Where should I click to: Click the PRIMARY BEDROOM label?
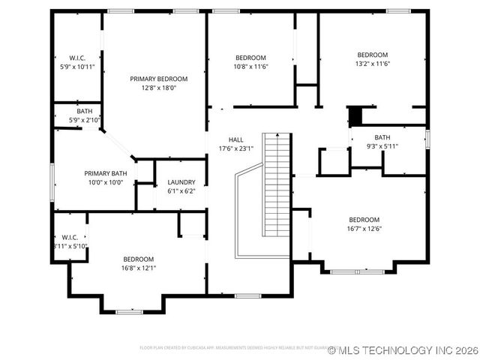coord(158,79)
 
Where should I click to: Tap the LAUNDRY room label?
coord(181,182)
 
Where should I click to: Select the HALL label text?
coord(235,139)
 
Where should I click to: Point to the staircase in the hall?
coord(277,184)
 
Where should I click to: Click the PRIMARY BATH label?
coord(105,172)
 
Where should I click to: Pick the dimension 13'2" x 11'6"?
coord(372,64)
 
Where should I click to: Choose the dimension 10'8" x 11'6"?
coord(251,67)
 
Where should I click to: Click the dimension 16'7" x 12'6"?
coord(364,229)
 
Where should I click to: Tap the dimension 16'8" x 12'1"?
coord(139,268)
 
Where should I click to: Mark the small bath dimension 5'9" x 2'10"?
coord(84,120)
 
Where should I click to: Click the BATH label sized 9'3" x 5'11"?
coord(382,137)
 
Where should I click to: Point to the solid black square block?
coord(355,116)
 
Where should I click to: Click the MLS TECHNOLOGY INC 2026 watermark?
coord(402,350)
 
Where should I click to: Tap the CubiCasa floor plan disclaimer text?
coord(232,348)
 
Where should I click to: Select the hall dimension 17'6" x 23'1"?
coord(235,148)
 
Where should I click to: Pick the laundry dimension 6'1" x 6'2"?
coord(181,191)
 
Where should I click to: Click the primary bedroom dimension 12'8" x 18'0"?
coord(158,88)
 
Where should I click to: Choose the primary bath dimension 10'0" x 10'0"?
coord(105,181)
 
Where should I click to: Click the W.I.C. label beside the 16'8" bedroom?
coord(69,237)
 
